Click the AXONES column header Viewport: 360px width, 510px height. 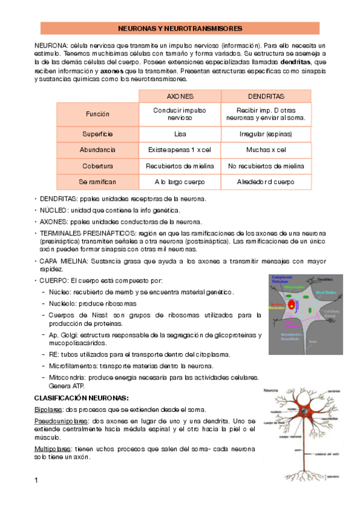tap(180, 96)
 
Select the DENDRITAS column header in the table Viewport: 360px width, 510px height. tap(266, 96)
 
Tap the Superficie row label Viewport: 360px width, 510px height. tap(97, 134)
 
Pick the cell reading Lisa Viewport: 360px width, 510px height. tap(180, 134)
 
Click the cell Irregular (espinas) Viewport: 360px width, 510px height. tap(266, 134)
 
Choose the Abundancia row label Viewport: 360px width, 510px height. tap(97, 150)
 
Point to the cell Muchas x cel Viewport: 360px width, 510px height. tap(266, 150)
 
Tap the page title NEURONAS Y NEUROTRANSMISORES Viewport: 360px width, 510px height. tap(180, 28)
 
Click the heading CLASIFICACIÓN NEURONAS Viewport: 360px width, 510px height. tap(81, 398)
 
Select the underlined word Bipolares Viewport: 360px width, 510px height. tap(48, 410)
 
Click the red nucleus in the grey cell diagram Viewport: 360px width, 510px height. tap(291, 304)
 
